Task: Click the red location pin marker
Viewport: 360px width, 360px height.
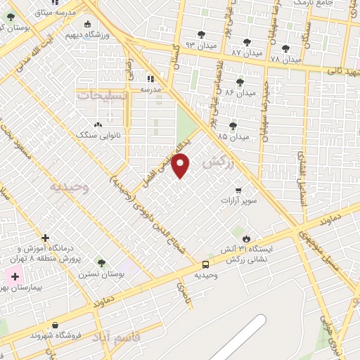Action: coord(181,166)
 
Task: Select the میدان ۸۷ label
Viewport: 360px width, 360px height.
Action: coord(246,53)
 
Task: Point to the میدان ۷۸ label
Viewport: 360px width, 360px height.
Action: coord(285,59)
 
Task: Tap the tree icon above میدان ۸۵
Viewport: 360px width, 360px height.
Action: coord(233,126)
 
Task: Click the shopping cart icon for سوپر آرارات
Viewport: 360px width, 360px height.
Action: coord(238,190)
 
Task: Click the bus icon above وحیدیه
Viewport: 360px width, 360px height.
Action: coord(205,264)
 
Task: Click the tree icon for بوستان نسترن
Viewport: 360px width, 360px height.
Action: coord(101,263)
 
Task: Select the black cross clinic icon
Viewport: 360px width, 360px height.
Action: coord(46,238)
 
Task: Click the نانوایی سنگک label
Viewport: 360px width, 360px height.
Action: coord(94,134)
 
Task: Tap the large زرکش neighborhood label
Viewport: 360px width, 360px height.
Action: coord(217,162)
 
